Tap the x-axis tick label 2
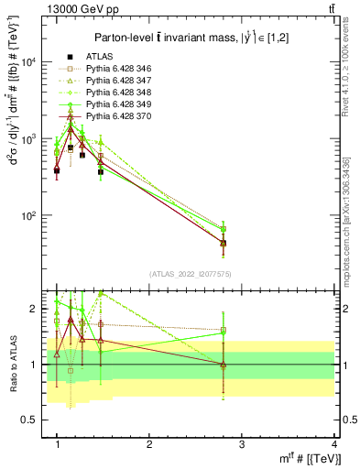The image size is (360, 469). tap(149, 444)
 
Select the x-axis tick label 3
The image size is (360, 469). tap(242, 444)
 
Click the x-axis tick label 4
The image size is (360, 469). tap(334, 444)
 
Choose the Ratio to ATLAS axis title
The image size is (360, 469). tap(12, 364)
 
